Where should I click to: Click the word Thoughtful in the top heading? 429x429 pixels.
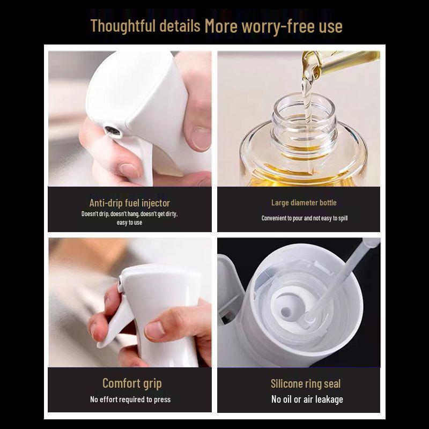[x=123, y=26]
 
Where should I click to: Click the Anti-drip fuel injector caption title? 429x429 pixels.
[x=130, y=203]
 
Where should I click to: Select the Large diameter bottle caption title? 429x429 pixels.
[x=304, y=203]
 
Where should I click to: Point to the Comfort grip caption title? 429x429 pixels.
[x=132, y=383]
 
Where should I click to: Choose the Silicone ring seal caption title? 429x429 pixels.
[x=306, y=383]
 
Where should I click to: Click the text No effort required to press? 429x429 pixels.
[x=130, y=400]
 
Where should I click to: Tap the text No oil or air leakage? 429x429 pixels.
[x=307, y=400]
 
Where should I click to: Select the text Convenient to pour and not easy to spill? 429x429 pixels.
[x=305, y=218]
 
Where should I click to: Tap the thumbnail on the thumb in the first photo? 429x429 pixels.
[x=201, y=138]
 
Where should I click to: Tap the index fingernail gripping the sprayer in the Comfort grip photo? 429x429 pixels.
[x=154, y=330]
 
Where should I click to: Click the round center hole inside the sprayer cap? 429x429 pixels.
[x=286, y=312]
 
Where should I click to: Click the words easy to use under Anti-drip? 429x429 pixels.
[x=129, y=223]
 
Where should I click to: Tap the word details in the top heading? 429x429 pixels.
[x=180, y=26]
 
